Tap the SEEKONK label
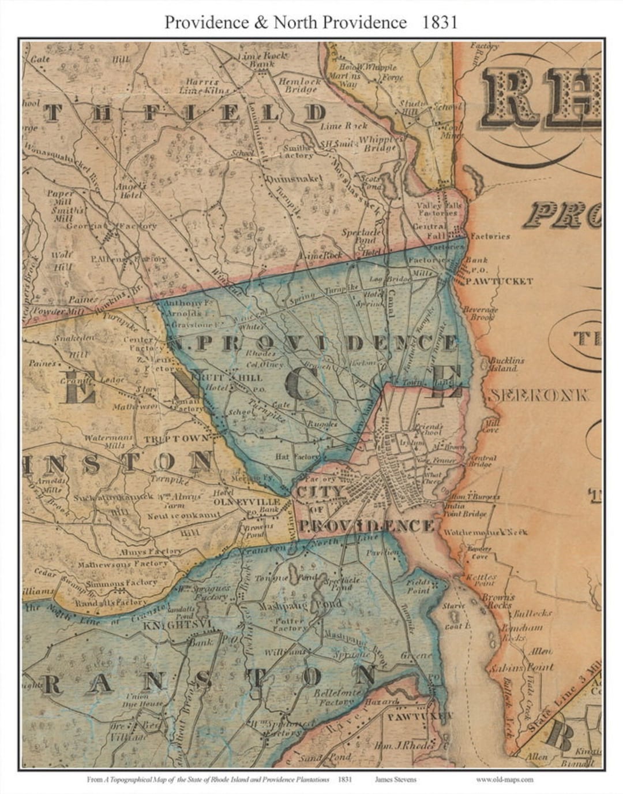[539, 396]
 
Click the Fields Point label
[418, 587]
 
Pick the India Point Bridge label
[465, 510]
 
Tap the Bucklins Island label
[506, 364]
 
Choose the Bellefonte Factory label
[337, 696]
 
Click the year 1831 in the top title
[440, 22]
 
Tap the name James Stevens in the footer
[395, 779]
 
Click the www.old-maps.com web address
[504, 779]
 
